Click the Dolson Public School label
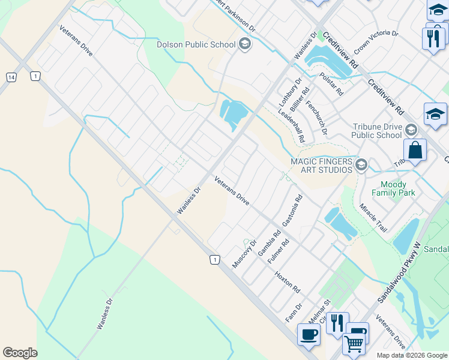coord(196,44)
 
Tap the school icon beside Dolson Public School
coord(244,43)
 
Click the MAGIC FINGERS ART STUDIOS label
coord(321,165)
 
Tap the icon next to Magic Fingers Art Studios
coord(361,165)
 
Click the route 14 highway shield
coord(11,77)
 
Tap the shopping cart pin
coord(354,344)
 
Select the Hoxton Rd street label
coord(287,281)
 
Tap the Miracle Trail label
coord(373,218)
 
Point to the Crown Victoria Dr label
coord(376,43)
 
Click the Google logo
coord(20,353)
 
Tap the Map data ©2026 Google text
coord(411,355)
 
